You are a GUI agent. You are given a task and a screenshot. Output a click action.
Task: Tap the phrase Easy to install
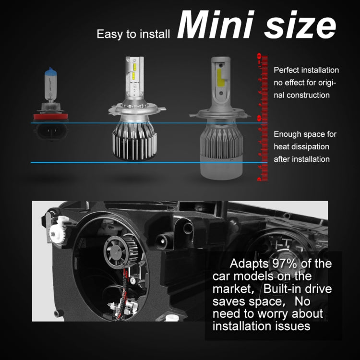click(x=133, y=35)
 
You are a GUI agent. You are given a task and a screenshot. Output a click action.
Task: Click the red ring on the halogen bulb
click(x=50, y=117)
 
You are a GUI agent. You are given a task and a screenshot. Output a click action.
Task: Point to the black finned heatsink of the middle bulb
click(x=131, y=144)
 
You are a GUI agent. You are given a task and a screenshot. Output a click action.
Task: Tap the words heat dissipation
click(x=301, y=146)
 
